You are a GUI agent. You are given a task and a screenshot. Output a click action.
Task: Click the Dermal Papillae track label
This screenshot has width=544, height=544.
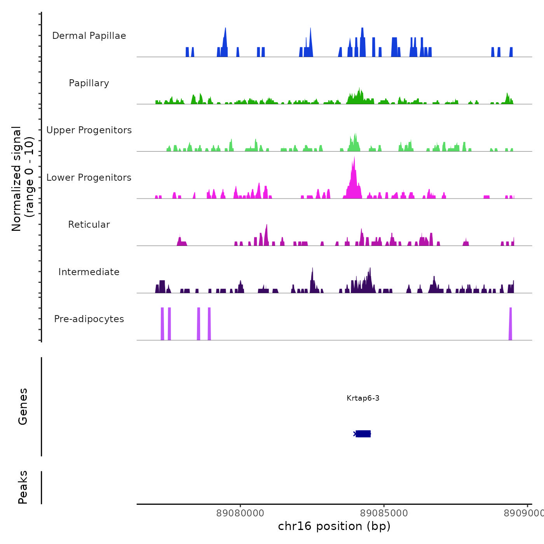tap(89, 36)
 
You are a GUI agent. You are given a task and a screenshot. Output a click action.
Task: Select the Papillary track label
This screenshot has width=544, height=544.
tap(89, 83)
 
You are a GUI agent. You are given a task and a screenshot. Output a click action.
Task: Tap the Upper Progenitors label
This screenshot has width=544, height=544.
tap(89, 130)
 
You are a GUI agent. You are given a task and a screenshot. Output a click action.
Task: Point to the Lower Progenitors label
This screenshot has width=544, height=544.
tap(89, 178)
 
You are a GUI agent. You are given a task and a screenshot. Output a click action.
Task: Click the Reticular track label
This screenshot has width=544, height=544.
tap(89, 225)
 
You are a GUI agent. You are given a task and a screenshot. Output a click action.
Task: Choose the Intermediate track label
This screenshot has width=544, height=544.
tap(89, 272)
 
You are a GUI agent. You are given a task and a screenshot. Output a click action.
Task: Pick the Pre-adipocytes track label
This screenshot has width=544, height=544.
tap(89, 319)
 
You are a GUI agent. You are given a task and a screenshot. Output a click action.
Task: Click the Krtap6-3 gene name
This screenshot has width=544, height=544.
tap(363, 398)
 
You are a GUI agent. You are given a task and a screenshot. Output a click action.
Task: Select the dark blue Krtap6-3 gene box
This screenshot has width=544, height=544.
tap(363, 434)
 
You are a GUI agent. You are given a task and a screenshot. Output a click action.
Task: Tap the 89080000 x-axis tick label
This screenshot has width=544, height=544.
tap(240, 513)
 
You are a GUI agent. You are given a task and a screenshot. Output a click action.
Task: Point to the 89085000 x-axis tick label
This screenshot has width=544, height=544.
tap(384, 513)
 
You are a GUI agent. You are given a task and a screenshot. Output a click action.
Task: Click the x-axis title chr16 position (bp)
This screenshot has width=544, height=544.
tap(334, 526)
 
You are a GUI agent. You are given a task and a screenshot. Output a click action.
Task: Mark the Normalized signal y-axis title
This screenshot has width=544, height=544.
tap(23, 179)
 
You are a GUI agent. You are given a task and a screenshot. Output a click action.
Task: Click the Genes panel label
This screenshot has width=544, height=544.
tap(23, 406)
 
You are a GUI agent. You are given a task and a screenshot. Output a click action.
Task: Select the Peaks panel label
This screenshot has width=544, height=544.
tap(23, 487)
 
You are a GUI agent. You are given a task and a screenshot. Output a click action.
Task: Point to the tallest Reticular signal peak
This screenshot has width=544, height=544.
tap(267, 233)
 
